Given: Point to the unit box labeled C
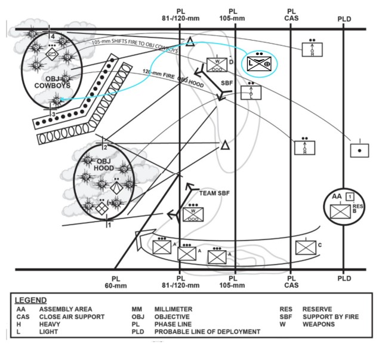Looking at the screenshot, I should pos(306,247).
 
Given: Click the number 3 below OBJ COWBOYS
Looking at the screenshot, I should pos(53,114).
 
